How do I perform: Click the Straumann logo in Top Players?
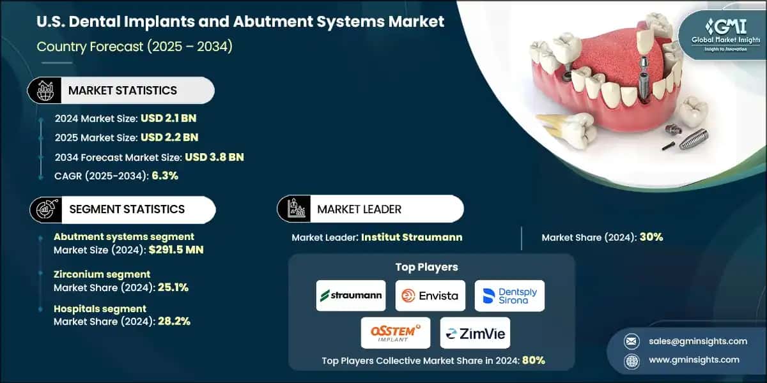pyautogui.click(x=351, y=296)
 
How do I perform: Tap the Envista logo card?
pyautogui.click(x=430, y=296)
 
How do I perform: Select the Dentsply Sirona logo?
pyautogui.click(x=509, y=296)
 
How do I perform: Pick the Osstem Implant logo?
pyautogui.click(x=395, y=333)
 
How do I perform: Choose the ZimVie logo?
pyautogui.click(x=475, y=333)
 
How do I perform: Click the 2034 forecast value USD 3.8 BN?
pyautogui.click(x=214, y=156)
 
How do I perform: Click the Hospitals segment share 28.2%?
pyautogui.click(x=173, y=322)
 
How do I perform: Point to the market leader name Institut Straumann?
pyautogui.click(x=412, y=237)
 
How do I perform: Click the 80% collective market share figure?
pyautogui.click(x=532, y=360)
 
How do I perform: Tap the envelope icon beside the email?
pyautogui.click(x=631, y=341)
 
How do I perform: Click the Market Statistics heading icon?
pyautogui.click(x=44, y=91)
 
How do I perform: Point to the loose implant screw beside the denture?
pyautogui.click(x=693, y=138)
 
